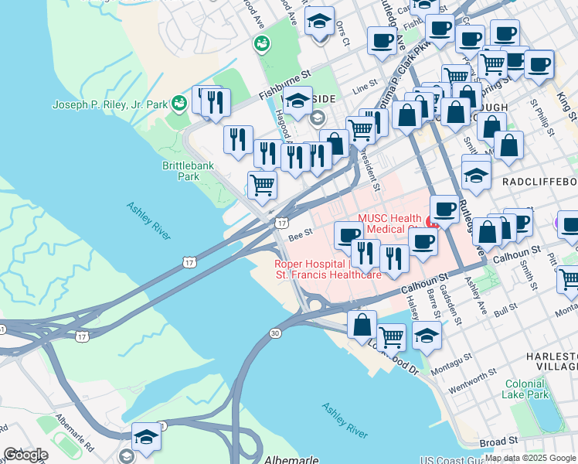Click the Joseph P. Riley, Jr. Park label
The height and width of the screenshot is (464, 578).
coord(110,104)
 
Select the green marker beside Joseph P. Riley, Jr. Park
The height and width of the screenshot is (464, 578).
coord(179,103)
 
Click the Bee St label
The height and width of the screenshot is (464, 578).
coord(300,231)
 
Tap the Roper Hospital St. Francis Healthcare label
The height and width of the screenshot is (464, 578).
coord(328,268)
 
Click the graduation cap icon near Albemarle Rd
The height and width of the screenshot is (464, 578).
coord(146,437)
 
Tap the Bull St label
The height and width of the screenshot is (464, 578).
coord(505,310)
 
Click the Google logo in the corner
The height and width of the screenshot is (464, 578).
coord(25,455)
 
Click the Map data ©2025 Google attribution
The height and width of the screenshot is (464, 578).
coord(530,459)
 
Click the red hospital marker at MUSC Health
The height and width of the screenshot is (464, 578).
coord(433,226)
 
